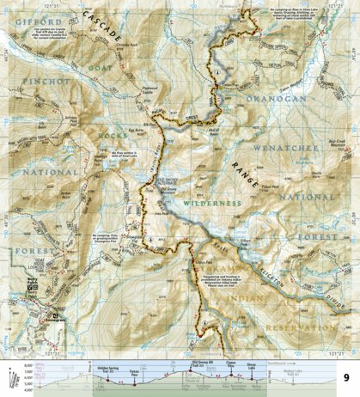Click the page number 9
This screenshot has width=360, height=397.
coord(345,377)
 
